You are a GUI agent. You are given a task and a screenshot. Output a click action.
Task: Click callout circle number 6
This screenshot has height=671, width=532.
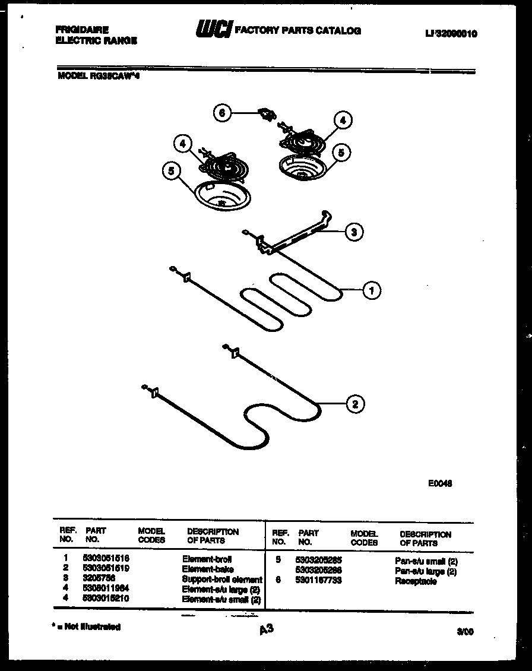click(x=221, y=113)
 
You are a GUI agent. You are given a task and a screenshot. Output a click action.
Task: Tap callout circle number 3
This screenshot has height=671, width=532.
click(x=354, y=232)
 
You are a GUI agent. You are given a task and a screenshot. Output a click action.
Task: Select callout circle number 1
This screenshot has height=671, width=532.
click(x=372, y=290)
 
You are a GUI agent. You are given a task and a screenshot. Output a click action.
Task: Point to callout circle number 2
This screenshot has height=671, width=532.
click(x=355, y=404)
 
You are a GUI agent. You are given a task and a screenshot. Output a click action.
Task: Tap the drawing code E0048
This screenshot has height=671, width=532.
click(x=441, y=483)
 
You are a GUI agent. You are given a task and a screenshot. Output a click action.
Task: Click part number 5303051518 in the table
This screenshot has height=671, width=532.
click(x=106, y=559)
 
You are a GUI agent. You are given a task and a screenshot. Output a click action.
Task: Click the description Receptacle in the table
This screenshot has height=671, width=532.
click(x=416, y=581)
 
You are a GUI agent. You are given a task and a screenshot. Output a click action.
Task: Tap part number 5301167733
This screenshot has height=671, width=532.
click(x=319, y=581)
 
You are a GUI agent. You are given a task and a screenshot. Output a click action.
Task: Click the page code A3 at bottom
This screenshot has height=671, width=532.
click(x=266, y=629)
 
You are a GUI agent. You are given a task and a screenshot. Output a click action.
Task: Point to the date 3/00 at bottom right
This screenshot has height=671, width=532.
click(x=466, y=633)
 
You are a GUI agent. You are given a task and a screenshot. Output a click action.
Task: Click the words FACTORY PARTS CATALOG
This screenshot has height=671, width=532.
click(x=298, y=31)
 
